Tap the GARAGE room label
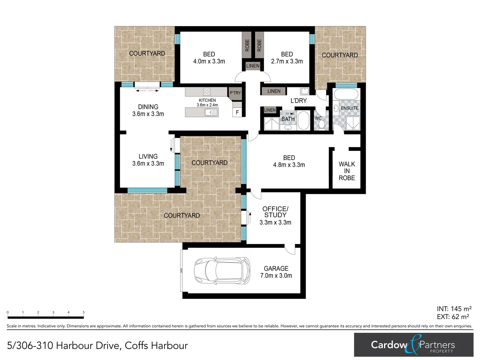(x=276, y=268)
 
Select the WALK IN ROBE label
(x=347, y=171)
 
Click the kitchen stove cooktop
(x=207, y=92)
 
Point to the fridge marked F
(x=237, y=112)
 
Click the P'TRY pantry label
(x=235, y=93)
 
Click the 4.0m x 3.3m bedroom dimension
(x=209, y=61)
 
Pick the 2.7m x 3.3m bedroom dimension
(x=287, y=61)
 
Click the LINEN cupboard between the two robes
(x=253, y=66)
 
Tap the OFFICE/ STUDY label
(x=275, y=212)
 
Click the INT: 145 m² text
(x=454, y=309)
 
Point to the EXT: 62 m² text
(x=453, y=317)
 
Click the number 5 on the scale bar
(x=84, y=313)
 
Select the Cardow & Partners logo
(x=413, y=345)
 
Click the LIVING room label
(x=148, y=156)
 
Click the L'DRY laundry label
(x=298, y=101)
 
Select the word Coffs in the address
(x=136, y=346)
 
